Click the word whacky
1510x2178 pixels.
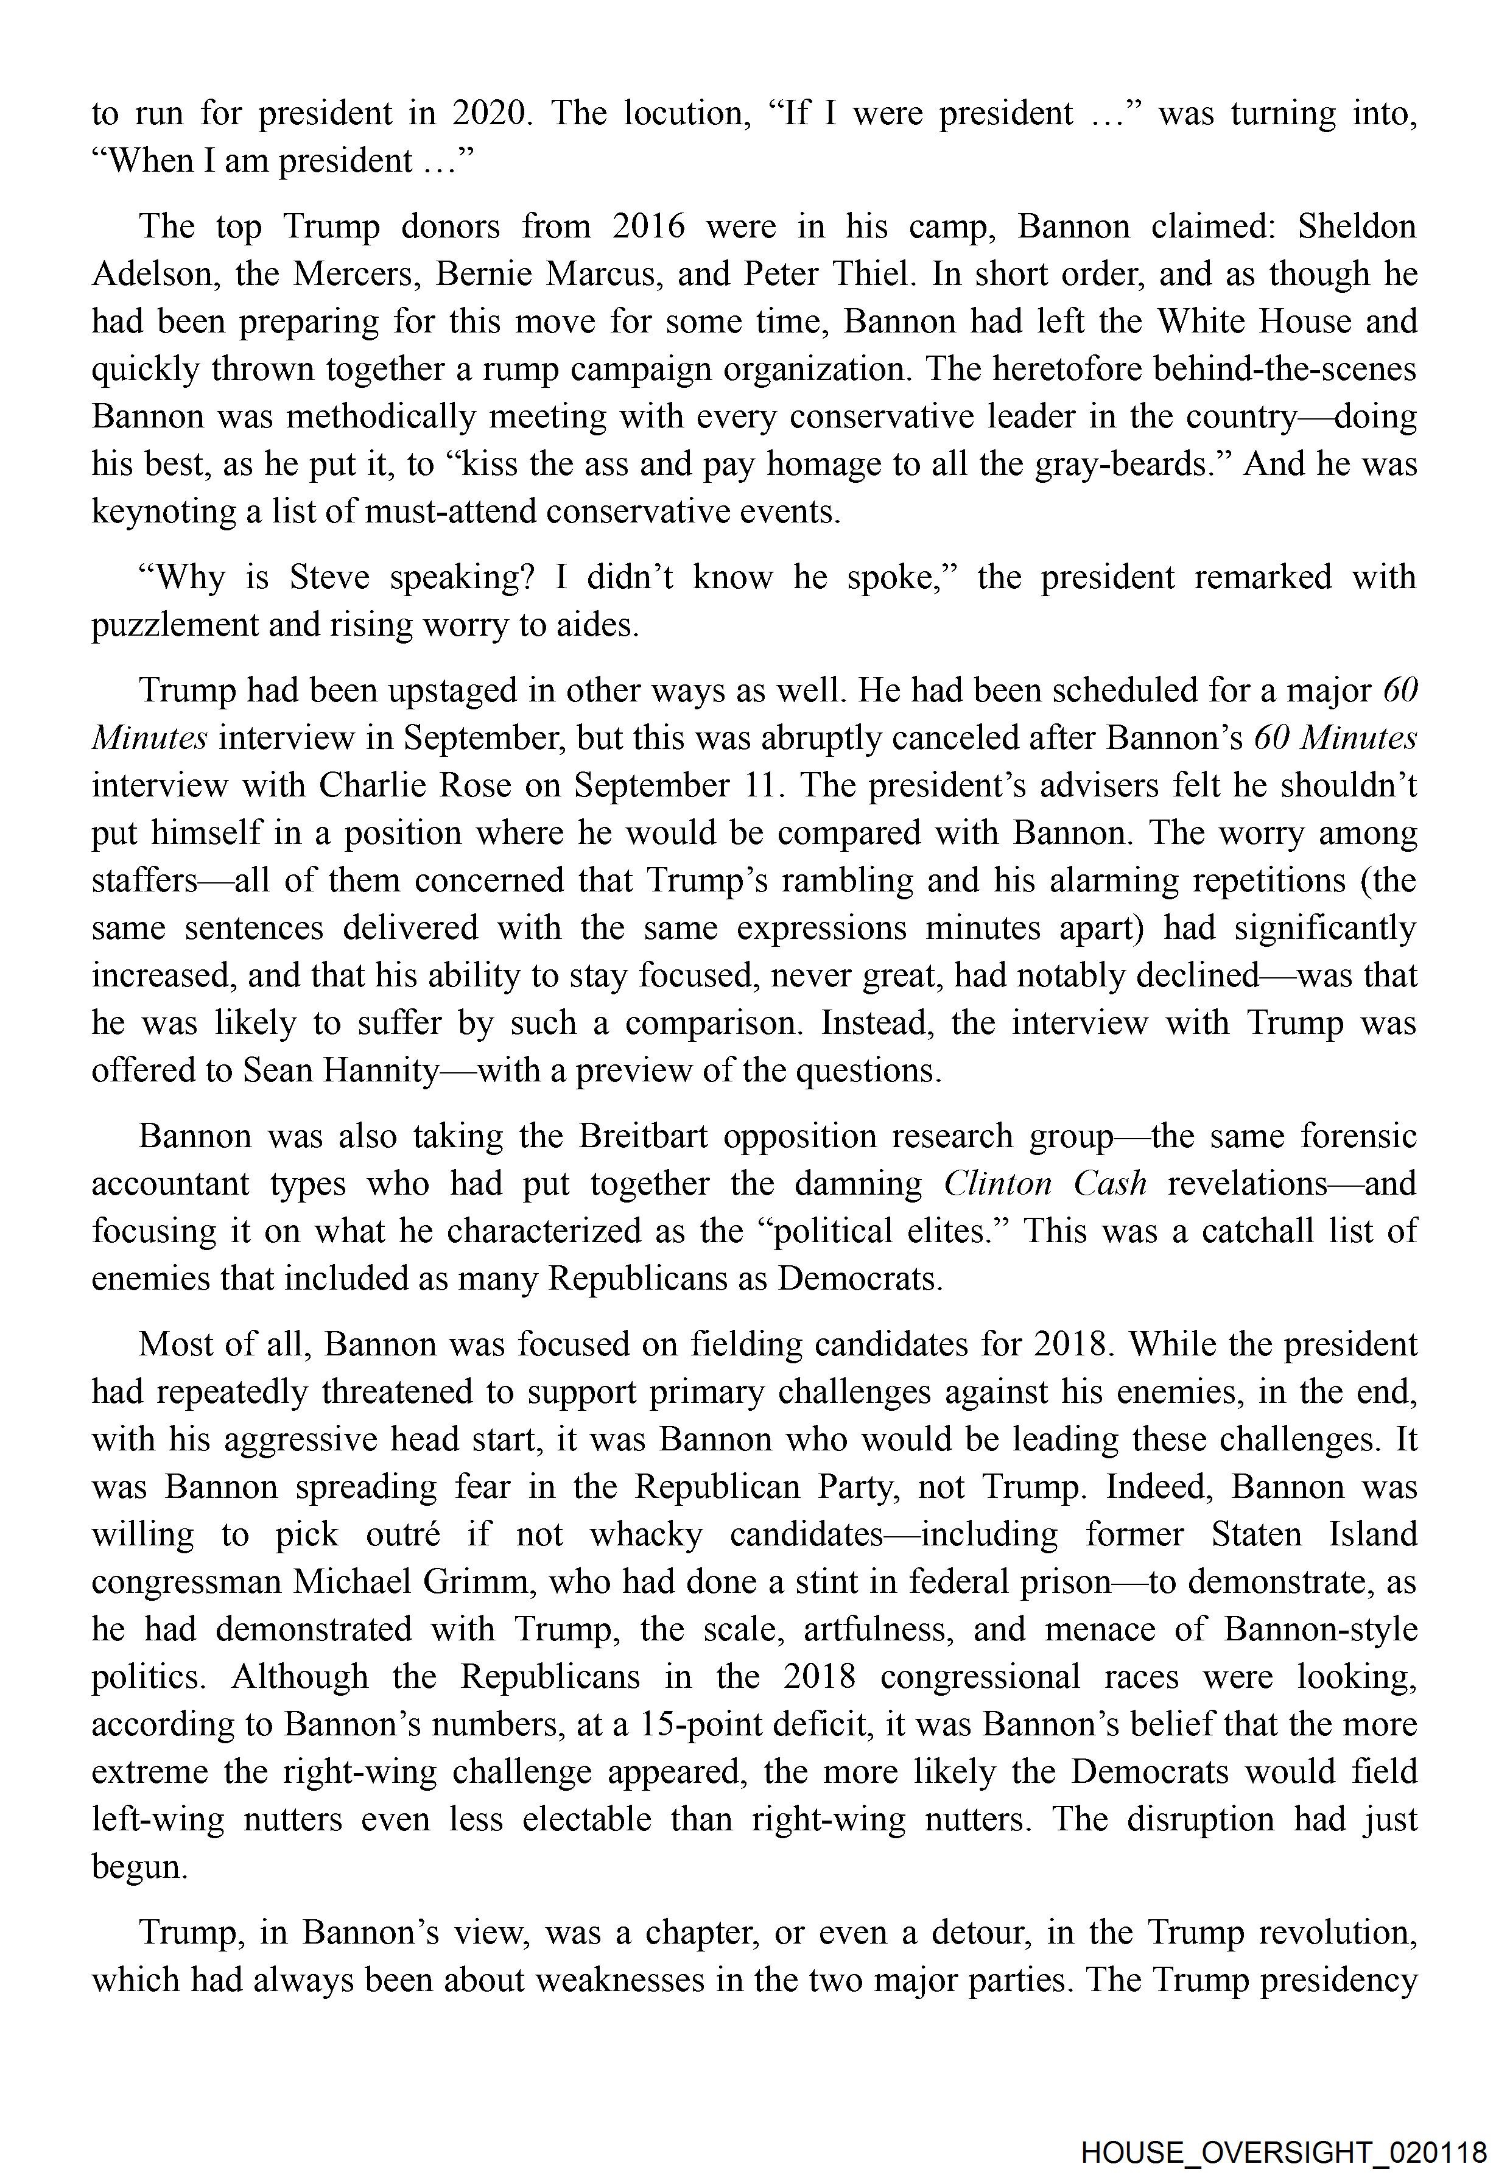pos(646,1534)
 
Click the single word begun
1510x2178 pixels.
pos(138,1867)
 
